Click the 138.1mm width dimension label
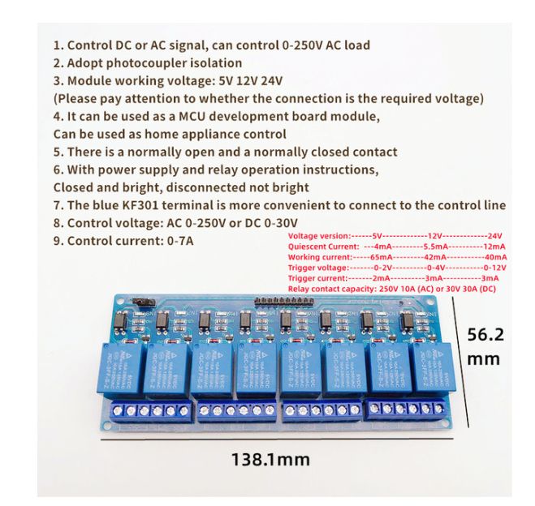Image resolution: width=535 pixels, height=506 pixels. pos(270,459)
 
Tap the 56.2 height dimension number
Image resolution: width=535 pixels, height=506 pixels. pos(489,334)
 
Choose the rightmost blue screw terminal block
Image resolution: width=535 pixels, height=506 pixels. pos(408,408)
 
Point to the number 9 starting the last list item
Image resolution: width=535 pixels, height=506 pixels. pos(57,241)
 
